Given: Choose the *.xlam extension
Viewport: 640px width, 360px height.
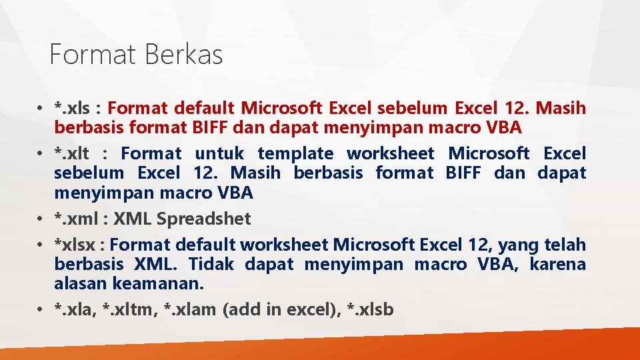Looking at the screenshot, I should coord(189,310).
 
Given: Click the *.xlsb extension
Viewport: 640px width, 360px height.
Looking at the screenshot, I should coord(371,310).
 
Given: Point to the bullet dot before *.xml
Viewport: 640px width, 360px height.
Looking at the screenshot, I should coord(41,219).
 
